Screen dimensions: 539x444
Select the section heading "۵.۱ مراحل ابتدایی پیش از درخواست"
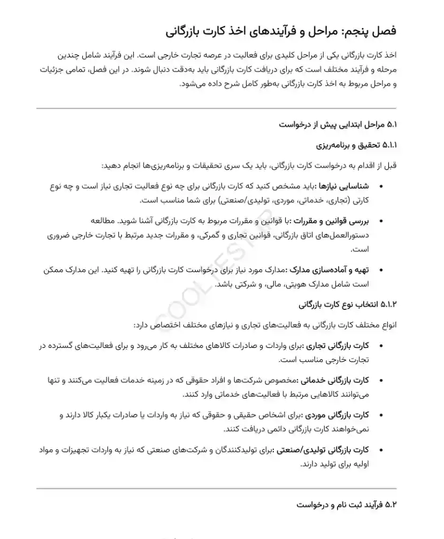click(338, 125)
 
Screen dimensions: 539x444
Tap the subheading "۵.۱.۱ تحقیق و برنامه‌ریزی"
click(356, 145)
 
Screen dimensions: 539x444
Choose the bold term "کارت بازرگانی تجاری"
click(337, 346)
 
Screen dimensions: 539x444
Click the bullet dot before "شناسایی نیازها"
click(381, 186)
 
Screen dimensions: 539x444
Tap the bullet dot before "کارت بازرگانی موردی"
click(381, 415)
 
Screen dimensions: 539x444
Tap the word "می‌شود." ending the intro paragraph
click(192, 83)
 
